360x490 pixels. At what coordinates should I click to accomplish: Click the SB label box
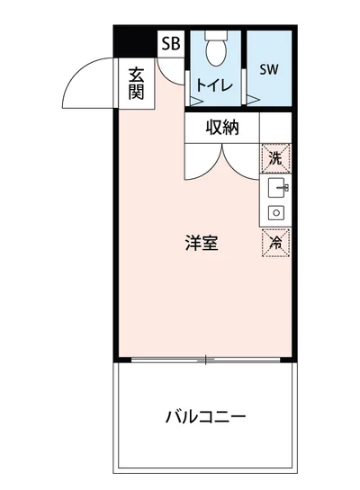pyautogui.click(x=170, y=44)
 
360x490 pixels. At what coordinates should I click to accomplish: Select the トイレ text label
pyautogui.click(x=216, y=87)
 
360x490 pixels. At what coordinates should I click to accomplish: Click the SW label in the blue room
pyautogui.click(x=268, y=69)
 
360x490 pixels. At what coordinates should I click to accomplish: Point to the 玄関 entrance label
pyautogui.click(x=137, y=82)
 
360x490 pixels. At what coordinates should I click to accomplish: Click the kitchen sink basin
pyautogui.click(x=275, y=189)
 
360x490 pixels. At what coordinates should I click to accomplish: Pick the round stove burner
pyautogui.click(x=275, y=213)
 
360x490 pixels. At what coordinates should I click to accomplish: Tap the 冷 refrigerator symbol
pyautogui.click(x=275, y=242)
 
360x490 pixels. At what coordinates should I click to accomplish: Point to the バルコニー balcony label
pyautogui.click(x=205, y=417)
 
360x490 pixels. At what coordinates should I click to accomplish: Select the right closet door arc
pyautogui.click(x=241, y=162)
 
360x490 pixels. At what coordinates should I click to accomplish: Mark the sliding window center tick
pyautogui.click(x=206, y=361)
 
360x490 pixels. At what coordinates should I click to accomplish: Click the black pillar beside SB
pyautogui.click(x=136, y=40)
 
